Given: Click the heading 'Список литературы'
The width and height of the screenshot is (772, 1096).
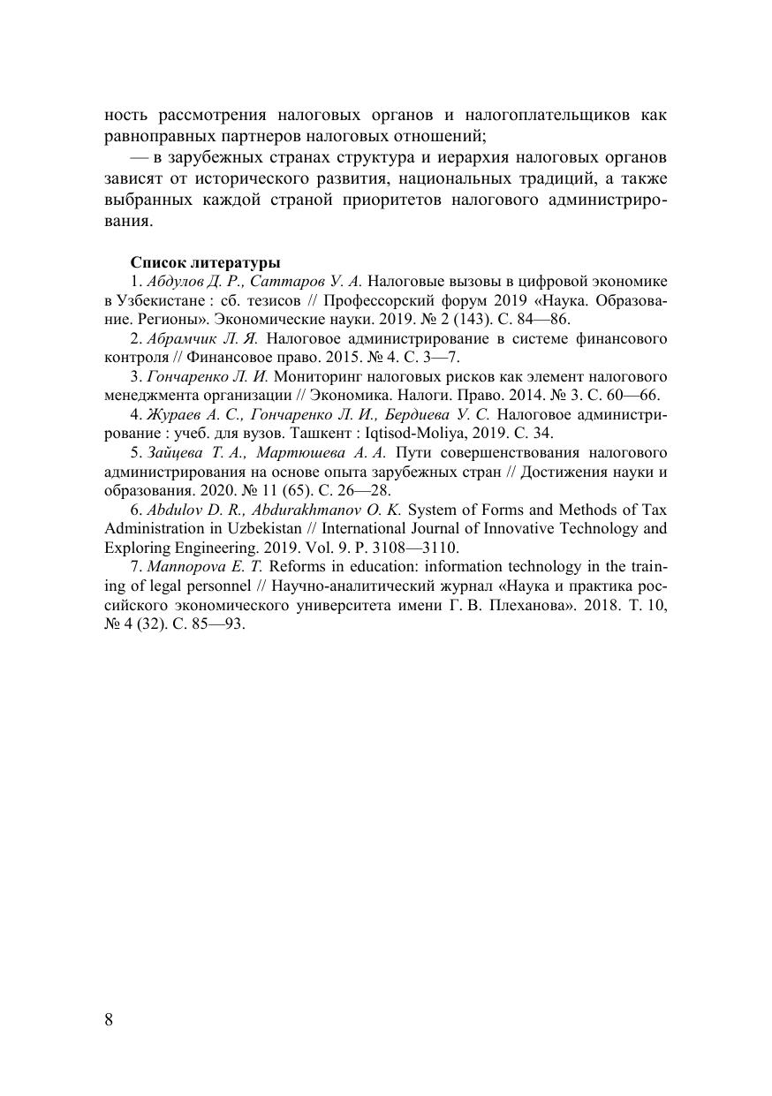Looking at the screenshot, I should point(206,262).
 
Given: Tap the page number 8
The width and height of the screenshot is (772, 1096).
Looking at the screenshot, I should point(109,1019).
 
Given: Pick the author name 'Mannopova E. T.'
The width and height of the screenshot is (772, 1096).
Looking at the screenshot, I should point(199,567).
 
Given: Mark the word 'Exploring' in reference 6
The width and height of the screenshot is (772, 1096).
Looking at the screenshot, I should point(136,548).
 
